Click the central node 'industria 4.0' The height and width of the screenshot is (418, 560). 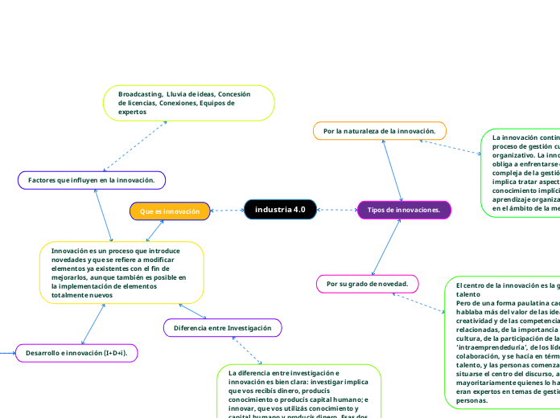coord(280,210)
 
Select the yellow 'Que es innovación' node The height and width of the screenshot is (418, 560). coord(170,211)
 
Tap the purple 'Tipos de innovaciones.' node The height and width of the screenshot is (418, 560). coord(404,210)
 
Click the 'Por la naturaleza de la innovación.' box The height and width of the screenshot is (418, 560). coord(379,130)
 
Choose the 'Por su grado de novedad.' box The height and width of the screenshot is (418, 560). coord(367,284)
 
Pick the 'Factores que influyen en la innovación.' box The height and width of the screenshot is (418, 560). coord(92,180)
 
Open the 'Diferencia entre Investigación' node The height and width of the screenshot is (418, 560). coord(223,328)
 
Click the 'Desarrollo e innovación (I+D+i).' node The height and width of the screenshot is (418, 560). coord(77,353)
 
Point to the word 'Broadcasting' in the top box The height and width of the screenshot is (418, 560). coord(140,94)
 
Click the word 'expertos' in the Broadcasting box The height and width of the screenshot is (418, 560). coord(132,113)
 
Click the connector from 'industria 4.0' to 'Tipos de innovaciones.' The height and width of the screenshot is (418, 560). coord(337,211)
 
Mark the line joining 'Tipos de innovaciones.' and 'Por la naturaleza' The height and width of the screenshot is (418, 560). coord(392,170)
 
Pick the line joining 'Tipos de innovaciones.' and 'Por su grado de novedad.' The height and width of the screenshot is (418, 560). coord(386,246)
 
